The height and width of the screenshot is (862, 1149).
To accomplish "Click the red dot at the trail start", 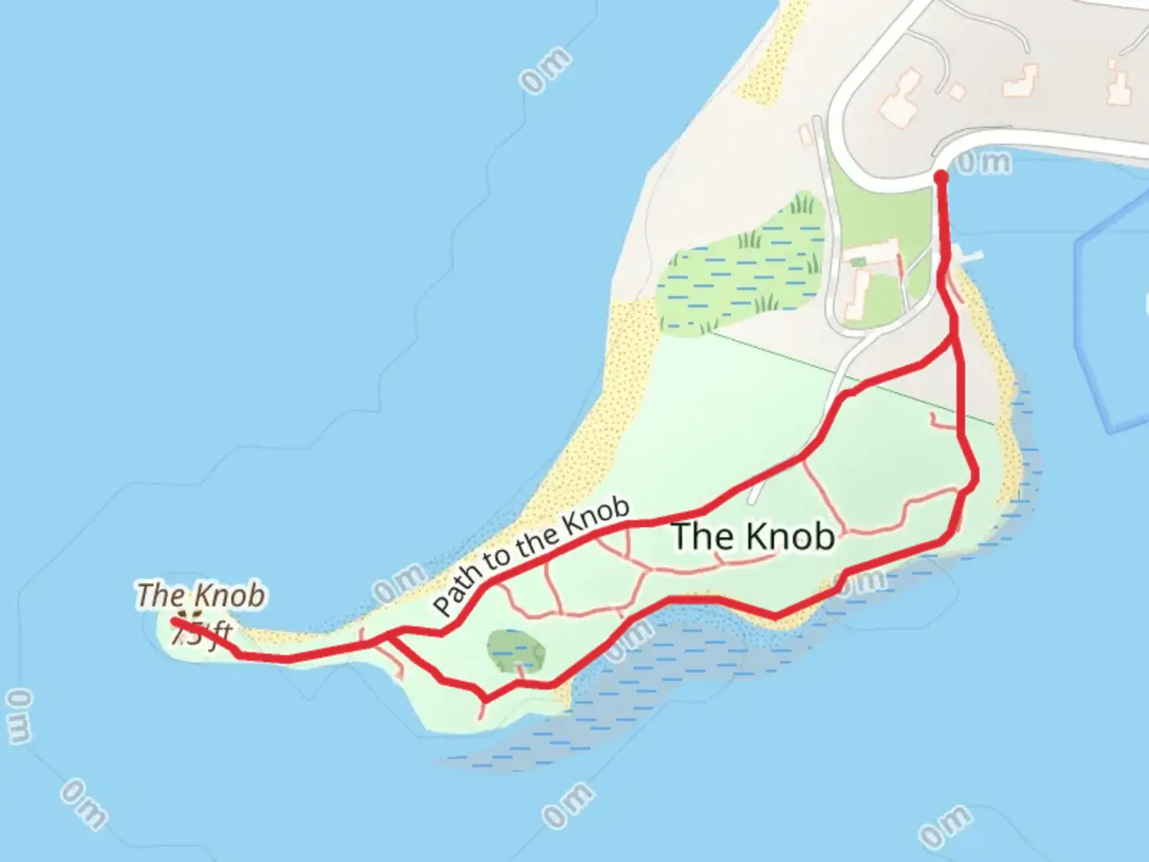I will click(x=941, y=176).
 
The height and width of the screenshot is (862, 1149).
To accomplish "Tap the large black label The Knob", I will click(x=753, y=536).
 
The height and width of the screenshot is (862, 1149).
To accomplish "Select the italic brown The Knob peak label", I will click(x=200, y=595).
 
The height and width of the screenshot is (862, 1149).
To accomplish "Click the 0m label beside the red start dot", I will click(x=983, y=163).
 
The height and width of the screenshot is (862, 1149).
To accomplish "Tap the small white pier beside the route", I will click(x=969, y=257).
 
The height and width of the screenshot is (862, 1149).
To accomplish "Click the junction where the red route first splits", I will click(x=955, y=339).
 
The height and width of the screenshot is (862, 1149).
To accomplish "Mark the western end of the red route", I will click(x=175, y=621).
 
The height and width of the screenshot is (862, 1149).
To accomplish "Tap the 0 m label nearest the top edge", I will click(x=547, y=70).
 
